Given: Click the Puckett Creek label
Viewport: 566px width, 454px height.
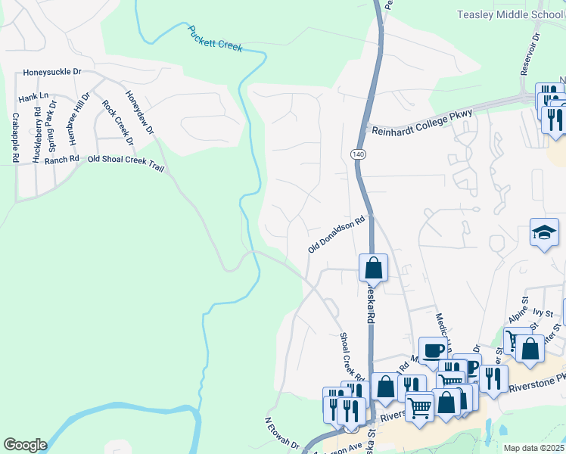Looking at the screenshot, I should tap(215, 38).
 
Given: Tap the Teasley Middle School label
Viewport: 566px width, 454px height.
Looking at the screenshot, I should tap(511, 15).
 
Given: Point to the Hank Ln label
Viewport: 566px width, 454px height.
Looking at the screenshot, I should tap(33, 97).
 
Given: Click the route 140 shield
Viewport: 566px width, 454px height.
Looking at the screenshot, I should tap(357, 154).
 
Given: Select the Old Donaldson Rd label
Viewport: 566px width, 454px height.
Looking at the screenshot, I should tap(337, 235).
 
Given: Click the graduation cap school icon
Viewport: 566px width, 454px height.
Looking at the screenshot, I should tap(544, 232).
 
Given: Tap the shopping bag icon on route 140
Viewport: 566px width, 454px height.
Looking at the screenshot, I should tap(373, 267).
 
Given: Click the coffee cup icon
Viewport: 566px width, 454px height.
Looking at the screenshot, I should tap(434, 350).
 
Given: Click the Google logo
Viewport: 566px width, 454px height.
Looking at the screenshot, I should tap(25, 445).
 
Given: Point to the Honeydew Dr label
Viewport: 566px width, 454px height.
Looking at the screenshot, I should tap(139, 114).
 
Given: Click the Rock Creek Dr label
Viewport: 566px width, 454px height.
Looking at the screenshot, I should tap(118, 123).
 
